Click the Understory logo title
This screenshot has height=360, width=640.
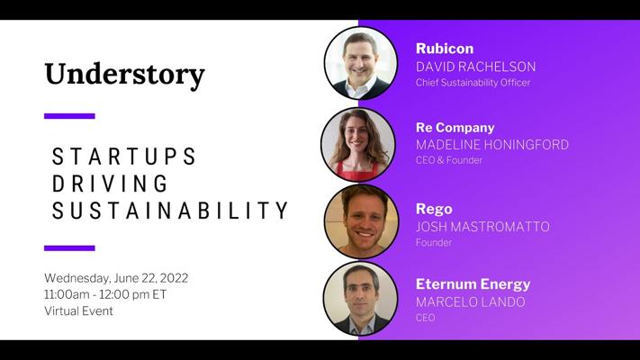tap(124, 75)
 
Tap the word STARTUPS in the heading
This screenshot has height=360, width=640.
tap(124, 157)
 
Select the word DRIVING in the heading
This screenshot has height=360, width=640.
tap(110, 184)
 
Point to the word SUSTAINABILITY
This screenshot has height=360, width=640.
tap(170, 211)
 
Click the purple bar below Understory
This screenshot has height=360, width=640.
tap(69, 116)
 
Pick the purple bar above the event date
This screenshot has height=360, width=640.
tap(69, 248)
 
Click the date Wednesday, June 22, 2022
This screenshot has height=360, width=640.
tap(116, 278)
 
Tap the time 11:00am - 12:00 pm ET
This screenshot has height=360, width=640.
tap(105, 294)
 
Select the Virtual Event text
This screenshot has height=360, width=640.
tap(78, 311)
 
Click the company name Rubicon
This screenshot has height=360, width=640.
tap(445, 49)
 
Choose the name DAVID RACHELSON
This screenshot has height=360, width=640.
tap(475, 67)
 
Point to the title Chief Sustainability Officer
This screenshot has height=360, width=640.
tap(473, 83)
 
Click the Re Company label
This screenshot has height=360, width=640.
tap(455, 128)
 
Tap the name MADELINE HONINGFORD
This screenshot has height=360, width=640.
tap(491, 145)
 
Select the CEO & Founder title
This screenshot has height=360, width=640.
tap(448, 160)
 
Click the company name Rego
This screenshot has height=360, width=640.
tap(434, 210)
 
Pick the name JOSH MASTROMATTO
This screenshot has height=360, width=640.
tap(482, 227)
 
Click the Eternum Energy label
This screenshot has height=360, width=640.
tap(473, 284)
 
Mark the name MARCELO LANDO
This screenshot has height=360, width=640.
tap(470, 302)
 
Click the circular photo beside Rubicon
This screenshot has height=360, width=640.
tap(361, 63)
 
